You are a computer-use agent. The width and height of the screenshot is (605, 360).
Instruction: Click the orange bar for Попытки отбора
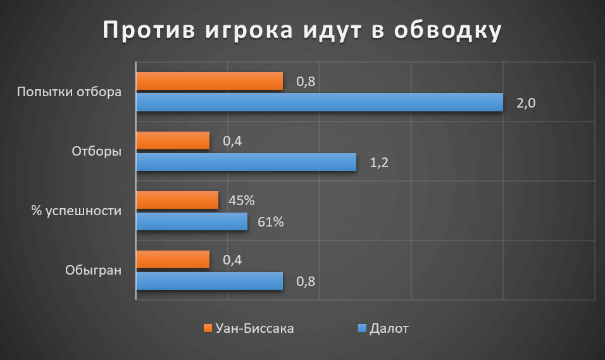209,81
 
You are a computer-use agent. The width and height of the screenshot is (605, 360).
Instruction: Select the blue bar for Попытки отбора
320,102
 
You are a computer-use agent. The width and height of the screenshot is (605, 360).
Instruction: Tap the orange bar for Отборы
173,140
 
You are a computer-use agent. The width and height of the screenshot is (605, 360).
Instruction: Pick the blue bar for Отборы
246,162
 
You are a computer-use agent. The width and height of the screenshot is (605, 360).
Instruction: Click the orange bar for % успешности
177,200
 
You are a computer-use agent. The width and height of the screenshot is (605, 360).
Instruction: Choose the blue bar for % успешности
192,221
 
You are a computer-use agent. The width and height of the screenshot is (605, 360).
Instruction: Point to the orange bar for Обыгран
173,259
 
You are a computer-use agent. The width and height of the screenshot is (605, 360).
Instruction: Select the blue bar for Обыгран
209,281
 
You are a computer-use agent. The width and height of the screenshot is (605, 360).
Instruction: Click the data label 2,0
526,104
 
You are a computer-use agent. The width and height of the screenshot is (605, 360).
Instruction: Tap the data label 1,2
378,163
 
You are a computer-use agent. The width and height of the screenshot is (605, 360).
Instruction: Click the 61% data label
271,222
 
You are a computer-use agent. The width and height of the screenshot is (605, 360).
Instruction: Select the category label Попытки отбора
69,92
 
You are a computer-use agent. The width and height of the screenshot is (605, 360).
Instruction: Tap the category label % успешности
76,211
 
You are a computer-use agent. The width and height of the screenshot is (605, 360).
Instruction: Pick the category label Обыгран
92,270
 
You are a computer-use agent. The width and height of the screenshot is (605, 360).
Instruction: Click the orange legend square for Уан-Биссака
207,328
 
